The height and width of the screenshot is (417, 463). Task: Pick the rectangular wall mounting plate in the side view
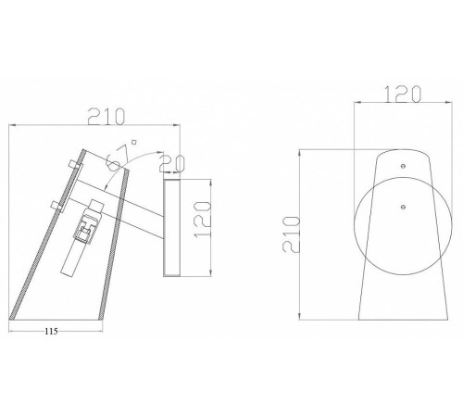coord(170,227)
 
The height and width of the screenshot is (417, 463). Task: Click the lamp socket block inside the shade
coord(90,224)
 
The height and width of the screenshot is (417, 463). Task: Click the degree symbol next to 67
coord(133,142)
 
